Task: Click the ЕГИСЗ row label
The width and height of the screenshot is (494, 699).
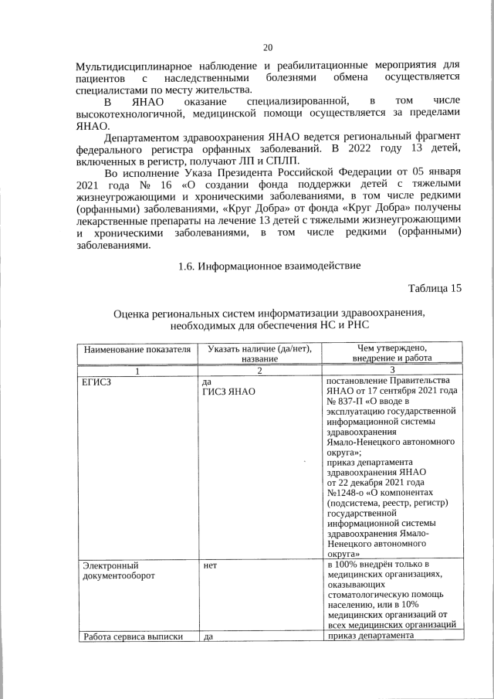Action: click(96, 382)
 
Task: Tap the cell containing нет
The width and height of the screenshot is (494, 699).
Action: click(209, 565)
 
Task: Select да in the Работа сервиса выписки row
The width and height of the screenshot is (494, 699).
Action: click(207, 636)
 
